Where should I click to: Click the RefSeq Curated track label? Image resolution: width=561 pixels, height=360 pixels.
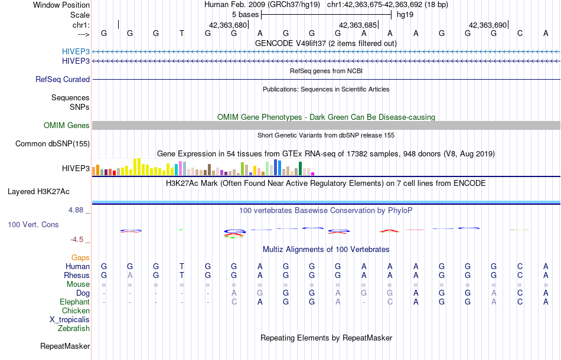[x=63, y=79]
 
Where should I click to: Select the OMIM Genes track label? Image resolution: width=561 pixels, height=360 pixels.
[x=67, y=125]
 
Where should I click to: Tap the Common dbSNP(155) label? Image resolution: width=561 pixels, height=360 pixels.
[x=53, y=143]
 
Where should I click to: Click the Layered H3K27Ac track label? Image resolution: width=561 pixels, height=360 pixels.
[x=38, y=191]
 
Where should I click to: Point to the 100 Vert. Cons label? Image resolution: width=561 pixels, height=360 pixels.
[x=34, y=225]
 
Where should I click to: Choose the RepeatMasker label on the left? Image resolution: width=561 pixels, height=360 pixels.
[x=65, y=346]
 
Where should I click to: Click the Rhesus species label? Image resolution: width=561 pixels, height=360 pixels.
[x=77, y=275]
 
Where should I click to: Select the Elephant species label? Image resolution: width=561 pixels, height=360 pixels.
[x=75, y=302]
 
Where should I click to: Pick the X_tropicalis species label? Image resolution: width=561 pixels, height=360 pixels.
[x=70, y=319]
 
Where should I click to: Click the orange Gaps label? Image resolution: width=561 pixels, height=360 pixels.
[x=80, y=257]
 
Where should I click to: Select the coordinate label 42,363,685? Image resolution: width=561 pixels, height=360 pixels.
[x=358, y=25]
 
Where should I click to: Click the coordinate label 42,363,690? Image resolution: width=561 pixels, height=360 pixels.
[x=488, y=25]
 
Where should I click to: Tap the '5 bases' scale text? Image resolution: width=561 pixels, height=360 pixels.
[x=245, y=14]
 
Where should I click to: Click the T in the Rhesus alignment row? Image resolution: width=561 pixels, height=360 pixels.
[x=182, y=275]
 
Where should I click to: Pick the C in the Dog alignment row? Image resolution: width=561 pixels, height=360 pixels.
[x=520, y=293]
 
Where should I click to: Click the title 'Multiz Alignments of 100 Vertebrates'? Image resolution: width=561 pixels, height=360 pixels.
[x=326, y=249]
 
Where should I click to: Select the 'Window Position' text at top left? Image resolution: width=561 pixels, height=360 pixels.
[x=61, y=5]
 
